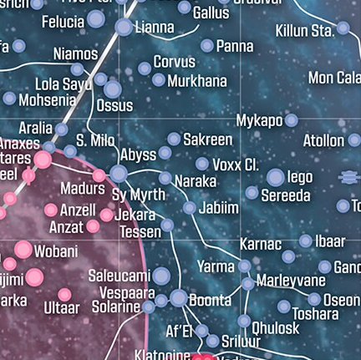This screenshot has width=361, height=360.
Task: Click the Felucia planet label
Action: pyautogui.click(x=63, y=21)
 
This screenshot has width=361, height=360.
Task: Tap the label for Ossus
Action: pyautogui.click(x=114, y=105)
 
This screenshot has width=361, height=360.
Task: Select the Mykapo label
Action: pyautogui.click(x=259, y=120)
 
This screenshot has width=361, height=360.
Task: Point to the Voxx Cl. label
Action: pyautogui.click(x=236, y=165)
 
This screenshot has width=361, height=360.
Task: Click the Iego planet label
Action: pyautogui.click(x=300, y=177)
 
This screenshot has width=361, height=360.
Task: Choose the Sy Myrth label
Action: pyautogui.click(x=139, y=195)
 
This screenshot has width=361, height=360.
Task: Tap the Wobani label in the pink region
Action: pyautogui.click(x=56, y=251)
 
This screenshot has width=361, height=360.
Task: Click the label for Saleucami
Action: pyautogui.click(x=119, y=276)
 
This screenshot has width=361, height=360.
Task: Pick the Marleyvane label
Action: pyautogui.click(x=291, y=281)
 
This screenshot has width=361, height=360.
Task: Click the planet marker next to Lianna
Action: pyautogui.click(x=124, y=28)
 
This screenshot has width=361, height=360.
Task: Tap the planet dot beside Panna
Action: pyautogui.click(x=206, y=46)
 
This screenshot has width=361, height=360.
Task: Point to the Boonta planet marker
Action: pyautogui.click(x=178, y=298)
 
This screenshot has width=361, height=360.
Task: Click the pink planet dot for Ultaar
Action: pyautogui.click(x=64, y=295)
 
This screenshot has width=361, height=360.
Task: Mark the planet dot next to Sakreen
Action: pyautogui.click(x=174, y=139)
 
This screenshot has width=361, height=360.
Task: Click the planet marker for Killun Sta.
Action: pyautogui.click(x=343, y=29)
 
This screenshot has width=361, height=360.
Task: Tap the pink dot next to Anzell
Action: pyautogui.click(x=51, y=210)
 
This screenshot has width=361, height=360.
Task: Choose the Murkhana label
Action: pyautogui.click(x=197, y=81)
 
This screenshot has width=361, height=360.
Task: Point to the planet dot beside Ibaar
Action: pyautogui.click(x=305, y=241)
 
